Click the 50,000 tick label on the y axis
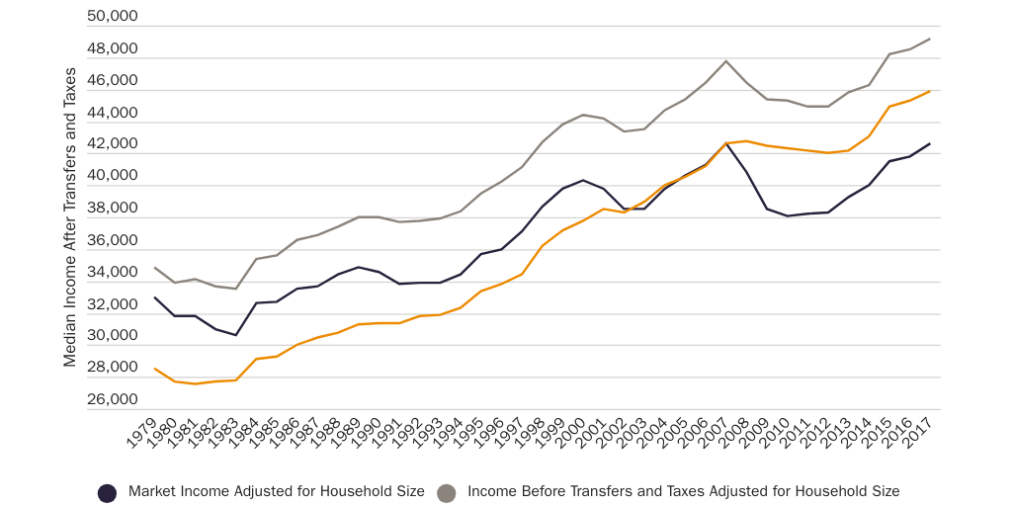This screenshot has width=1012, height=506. pyautogui.click(x=112, y=17)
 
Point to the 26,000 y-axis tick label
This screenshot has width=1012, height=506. pyautogui.click(x=112, y=399)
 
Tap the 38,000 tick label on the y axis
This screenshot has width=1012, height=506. pyautogui.click(x=112, y=209)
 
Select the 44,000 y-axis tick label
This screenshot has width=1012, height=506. pyautogui.click(x=112, y=113)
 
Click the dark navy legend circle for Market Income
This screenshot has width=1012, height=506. pyautogui.click(x=108, y=492)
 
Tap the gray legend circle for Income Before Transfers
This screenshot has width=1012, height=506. pyautogui.click(x=447, y=492)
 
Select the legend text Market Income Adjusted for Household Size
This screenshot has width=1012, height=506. pyautogui.click(x=277, y=491)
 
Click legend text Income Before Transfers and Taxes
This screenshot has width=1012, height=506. pyautogui.click(x=683, y=491)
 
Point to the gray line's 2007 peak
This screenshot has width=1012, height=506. pyautogui.click(x=726, y=61)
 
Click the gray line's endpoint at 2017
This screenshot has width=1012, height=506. pyautogui.click(x=930, y=40)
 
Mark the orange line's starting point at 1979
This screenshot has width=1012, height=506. pyautogui.click(x=154, y=369)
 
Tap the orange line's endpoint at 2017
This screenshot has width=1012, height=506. pyautogui.click(x=930, y=91)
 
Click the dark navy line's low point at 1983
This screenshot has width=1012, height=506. pyautogui.click(x=235, y=335)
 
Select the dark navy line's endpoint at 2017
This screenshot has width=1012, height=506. pyautogui.click(x=930, y=143)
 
